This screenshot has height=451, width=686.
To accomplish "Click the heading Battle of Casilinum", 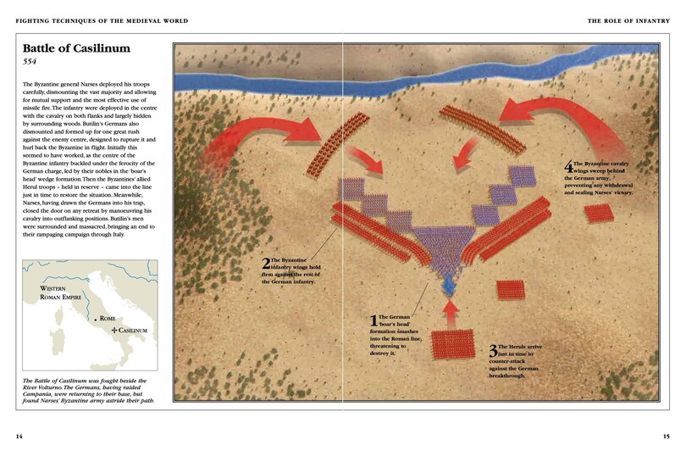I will click(x=76, y=50).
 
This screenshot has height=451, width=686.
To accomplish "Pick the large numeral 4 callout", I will click(x=568, y=168).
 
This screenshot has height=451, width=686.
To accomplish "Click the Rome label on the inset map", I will click(x=107, y=318).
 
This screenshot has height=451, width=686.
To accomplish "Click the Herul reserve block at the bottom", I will click(x=453, y=345).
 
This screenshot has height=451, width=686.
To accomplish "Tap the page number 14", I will click(x=19, y=436).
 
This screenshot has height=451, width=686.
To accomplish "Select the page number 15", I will click(x=667, y=436).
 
